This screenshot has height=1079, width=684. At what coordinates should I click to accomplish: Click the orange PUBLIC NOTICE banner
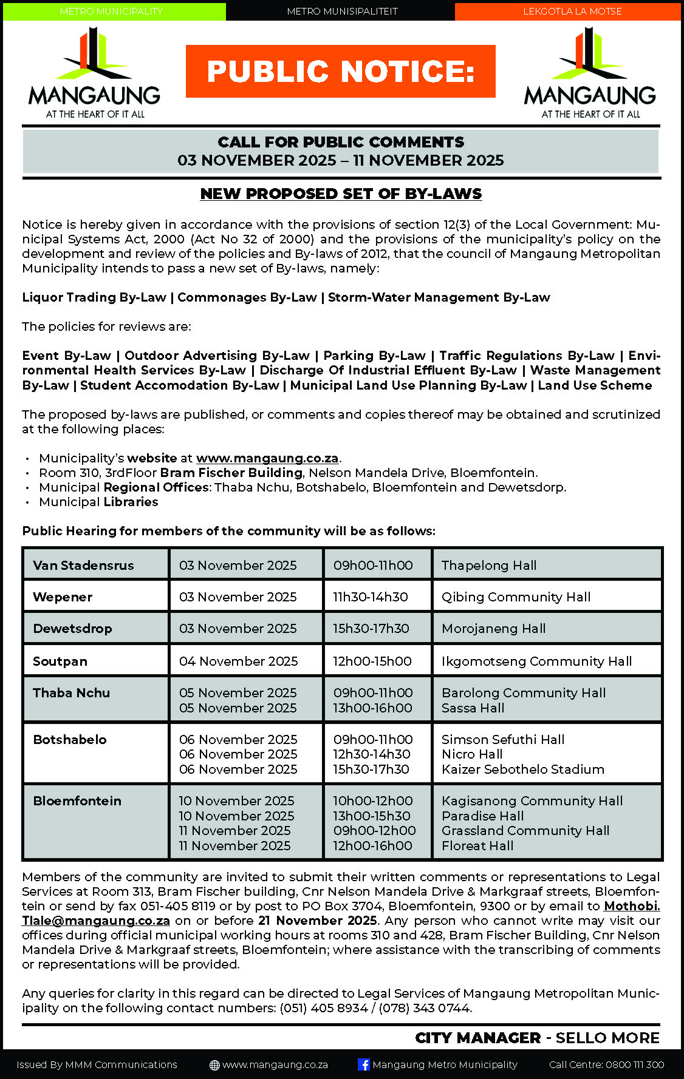pos(340,71)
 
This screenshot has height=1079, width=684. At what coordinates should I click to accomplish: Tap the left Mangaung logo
pos(94,73)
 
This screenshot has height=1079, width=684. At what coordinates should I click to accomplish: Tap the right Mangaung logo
pos(590,73)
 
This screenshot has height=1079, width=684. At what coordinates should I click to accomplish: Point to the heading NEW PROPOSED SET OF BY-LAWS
pos(341,194)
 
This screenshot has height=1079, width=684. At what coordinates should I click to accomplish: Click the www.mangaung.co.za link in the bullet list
pos(267,458)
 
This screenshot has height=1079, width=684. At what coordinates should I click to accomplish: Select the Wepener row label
pos(63,597)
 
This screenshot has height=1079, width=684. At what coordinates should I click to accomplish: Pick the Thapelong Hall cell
pos(489,566)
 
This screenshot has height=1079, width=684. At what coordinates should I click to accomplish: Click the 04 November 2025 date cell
pos(238,661)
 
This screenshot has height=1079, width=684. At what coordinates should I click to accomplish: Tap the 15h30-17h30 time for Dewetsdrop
pos(371,629)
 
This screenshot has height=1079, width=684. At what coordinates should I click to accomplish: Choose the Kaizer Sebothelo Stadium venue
pos(522,770)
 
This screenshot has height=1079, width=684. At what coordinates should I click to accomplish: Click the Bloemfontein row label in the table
pos(77,801)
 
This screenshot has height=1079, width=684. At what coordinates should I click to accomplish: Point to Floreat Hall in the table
pos(477,846)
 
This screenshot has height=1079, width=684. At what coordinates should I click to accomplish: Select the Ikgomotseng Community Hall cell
pos(536,661)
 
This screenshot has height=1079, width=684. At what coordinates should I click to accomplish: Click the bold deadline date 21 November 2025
pos(318,921)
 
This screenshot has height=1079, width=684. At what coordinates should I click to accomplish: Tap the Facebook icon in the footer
pos(364,1064)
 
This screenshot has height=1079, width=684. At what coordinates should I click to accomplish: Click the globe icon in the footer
pos(214,1065)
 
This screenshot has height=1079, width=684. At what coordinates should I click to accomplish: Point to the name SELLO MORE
pos(607,1038)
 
